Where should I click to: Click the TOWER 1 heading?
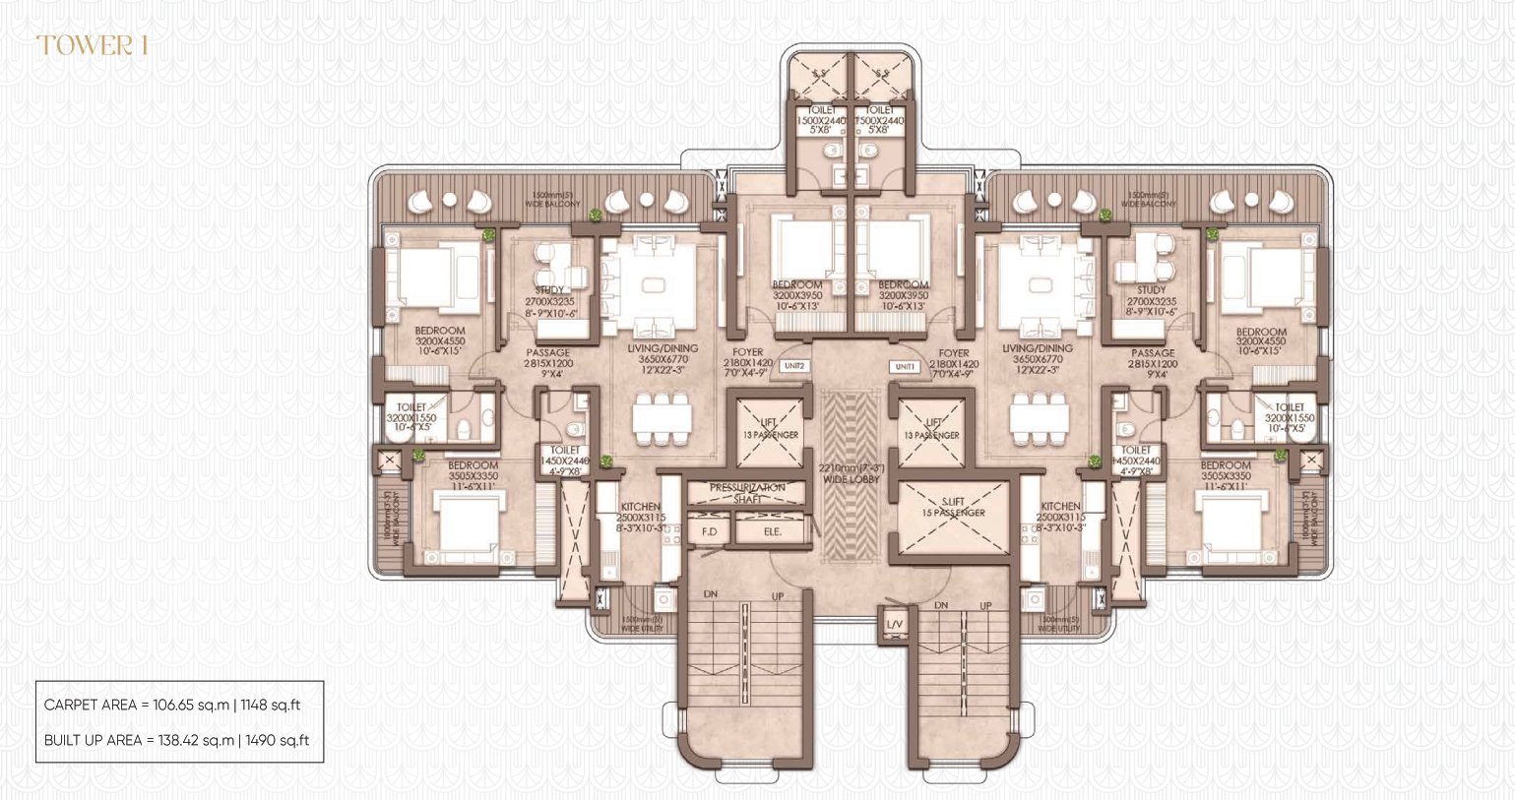coord(92,45)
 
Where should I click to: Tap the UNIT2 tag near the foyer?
coord(794,366)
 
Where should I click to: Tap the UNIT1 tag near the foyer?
coord(905,366)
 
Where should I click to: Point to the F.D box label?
coord(709,531)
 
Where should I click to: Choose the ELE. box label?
coord(773,531)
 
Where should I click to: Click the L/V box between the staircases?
coord(894,625)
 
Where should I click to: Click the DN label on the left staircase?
coord(711,595)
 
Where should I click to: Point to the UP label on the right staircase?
coord(985,605)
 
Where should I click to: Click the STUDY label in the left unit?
coord(549,290)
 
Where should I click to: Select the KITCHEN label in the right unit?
coord(1060,506)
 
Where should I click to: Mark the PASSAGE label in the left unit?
coord(547,352)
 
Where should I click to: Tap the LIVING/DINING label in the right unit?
coord(1037,348)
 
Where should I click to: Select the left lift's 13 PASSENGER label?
coord(770,434)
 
